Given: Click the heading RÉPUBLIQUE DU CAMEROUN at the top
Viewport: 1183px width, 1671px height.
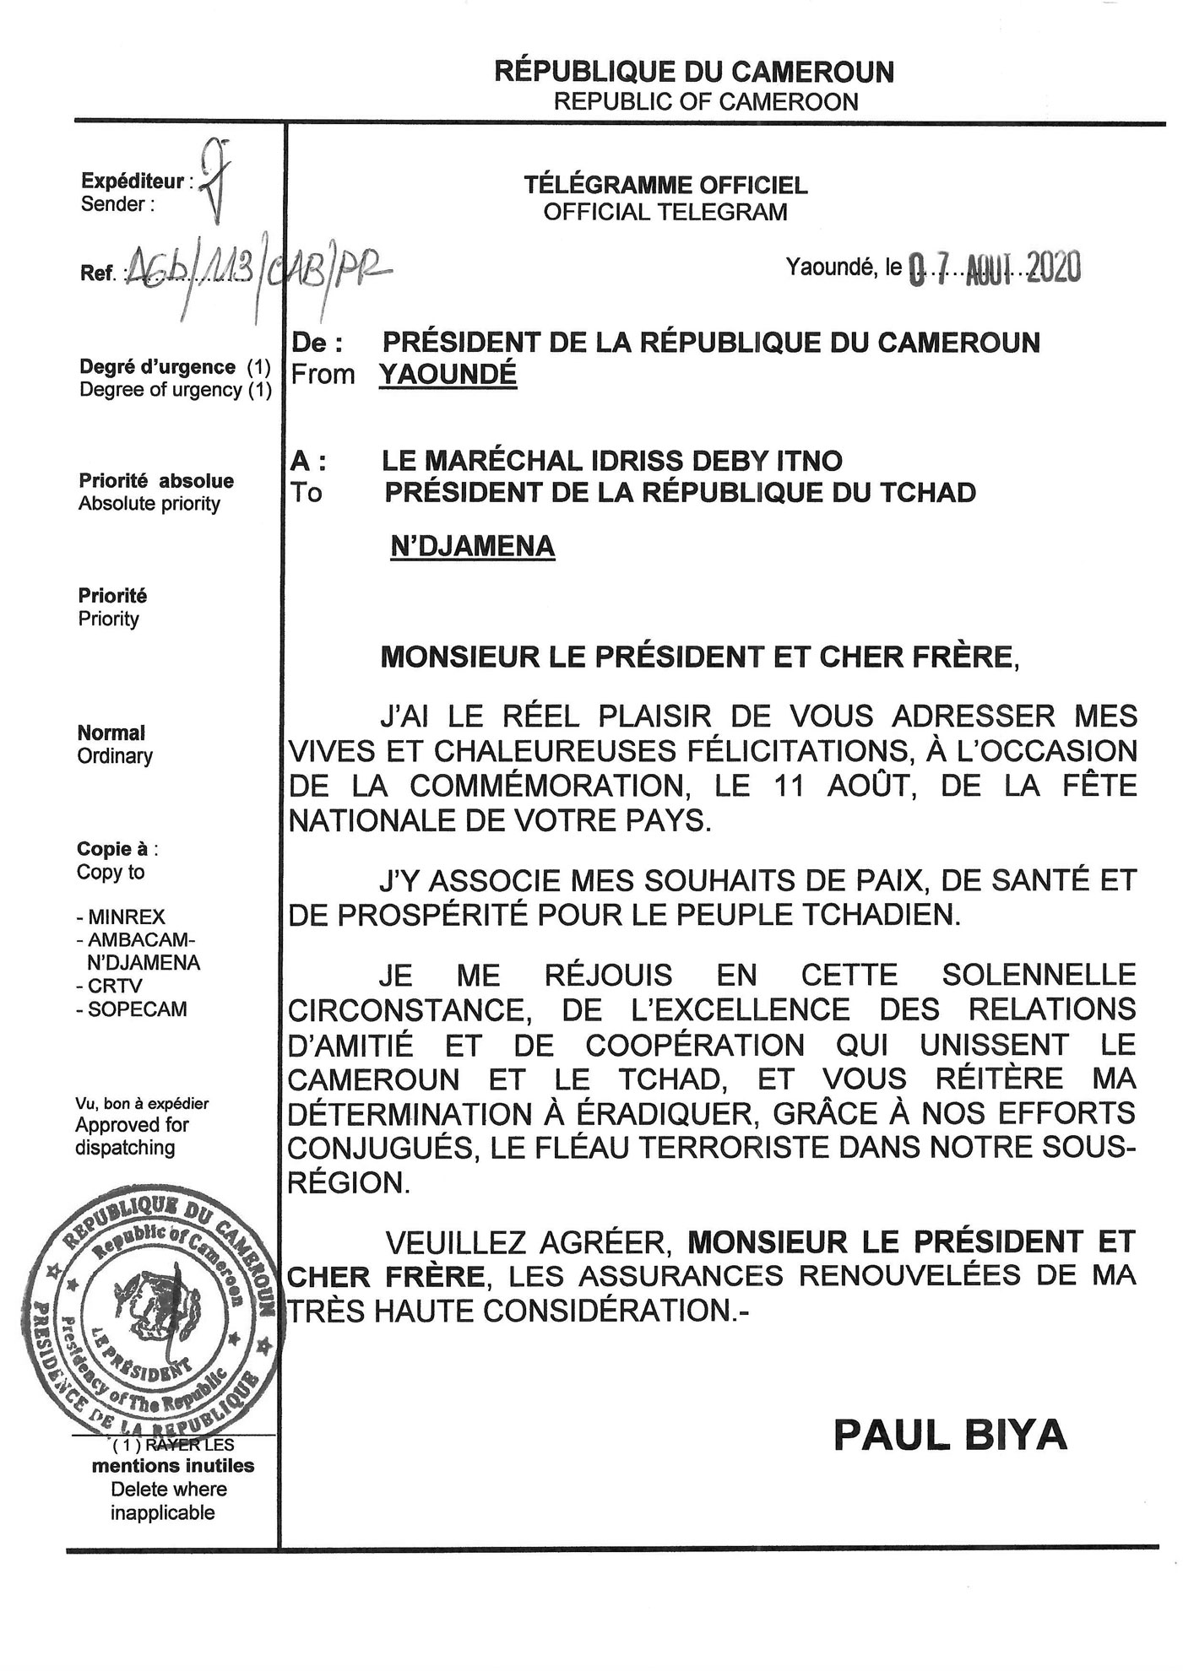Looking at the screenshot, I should pyautogui.click(x=693, y=72).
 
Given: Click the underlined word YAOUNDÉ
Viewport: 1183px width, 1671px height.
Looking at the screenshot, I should pyautogui.click(x=448, y=374).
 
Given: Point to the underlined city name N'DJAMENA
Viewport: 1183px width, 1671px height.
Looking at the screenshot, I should pyautogui.click(x=472, y=546).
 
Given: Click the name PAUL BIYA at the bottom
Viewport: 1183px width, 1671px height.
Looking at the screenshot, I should pyautogui.click(x=950, y=1435).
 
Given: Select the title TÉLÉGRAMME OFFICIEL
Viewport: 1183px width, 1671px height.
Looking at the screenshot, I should pyautogui.click(x=665, y=185).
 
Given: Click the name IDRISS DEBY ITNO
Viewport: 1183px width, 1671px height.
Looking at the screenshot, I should pyautogui.click(x=704, y=461).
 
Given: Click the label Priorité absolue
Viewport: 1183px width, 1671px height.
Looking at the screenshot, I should pyautogui.click(x=156, y=481).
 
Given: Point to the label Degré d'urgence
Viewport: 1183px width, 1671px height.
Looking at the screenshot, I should pyautogui.click(x=157, y=367).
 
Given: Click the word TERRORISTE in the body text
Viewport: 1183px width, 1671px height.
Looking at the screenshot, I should pyautogui.click(x=738, y=1148).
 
